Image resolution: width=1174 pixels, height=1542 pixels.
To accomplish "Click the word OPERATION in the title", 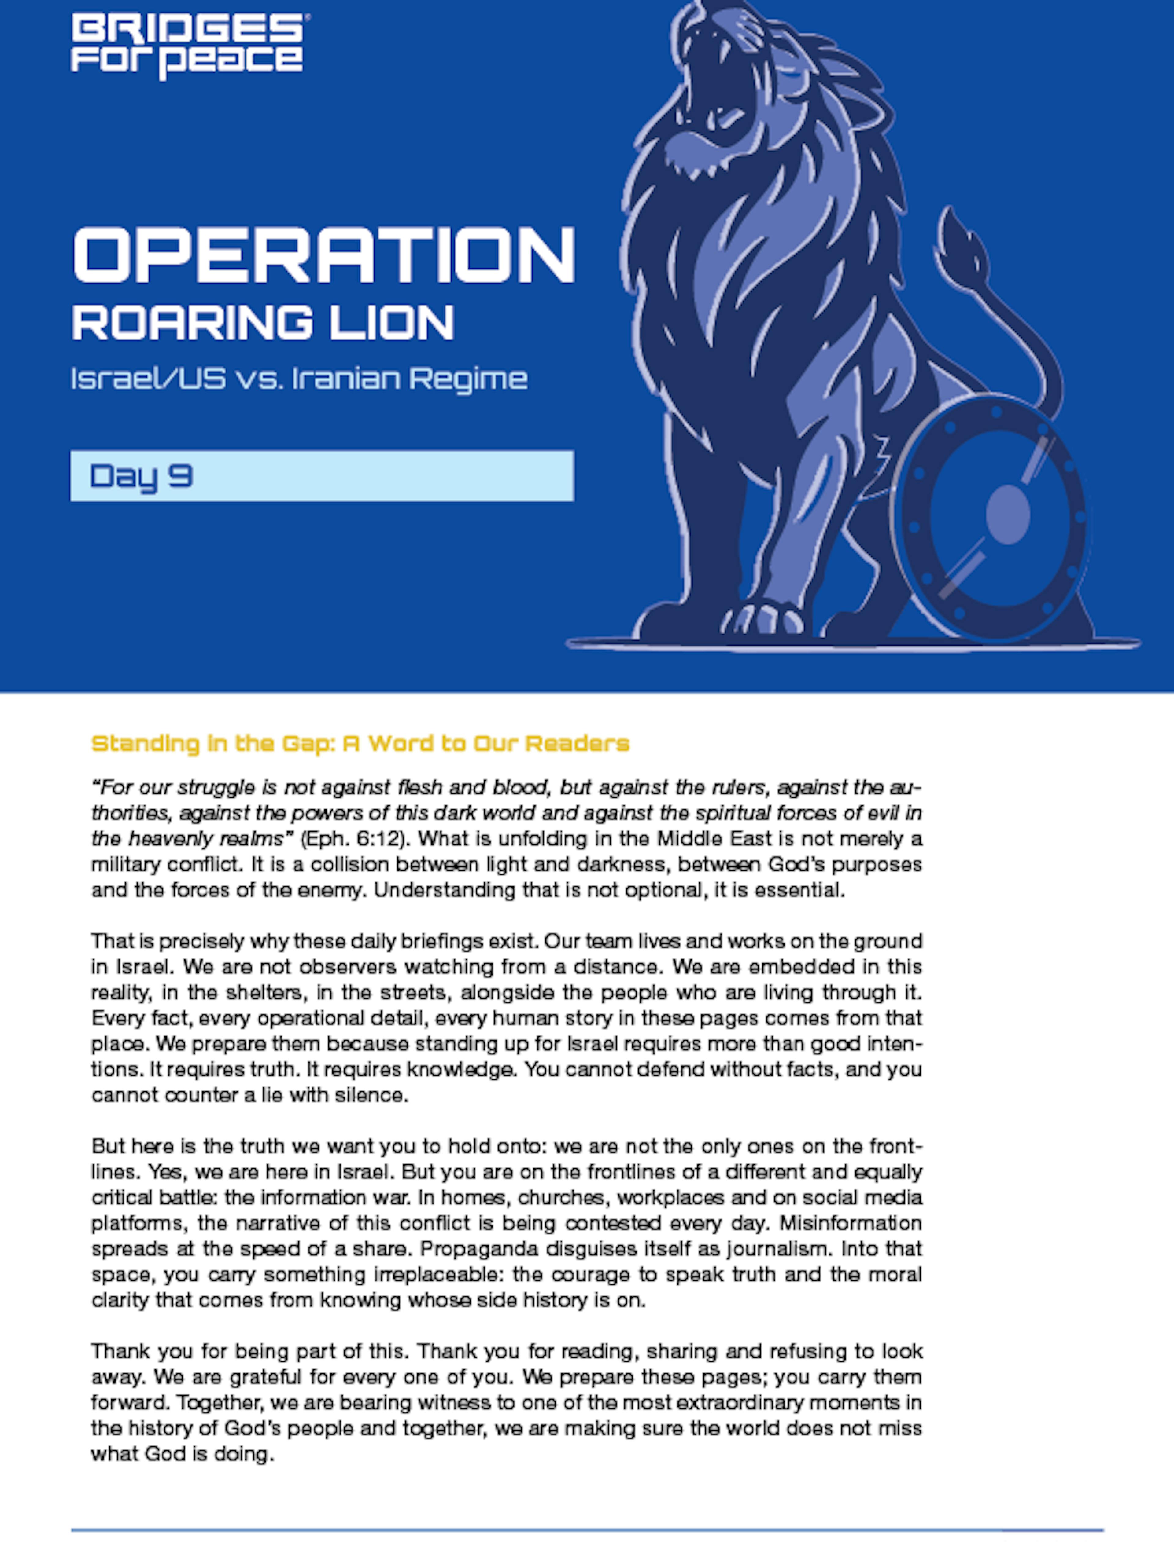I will coord(323,255).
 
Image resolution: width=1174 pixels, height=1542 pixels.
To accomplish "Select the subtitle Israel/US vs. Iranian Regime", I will coord(299,379).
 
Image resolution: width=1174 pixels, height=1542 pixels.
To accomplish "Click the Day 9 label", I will coord(141,476).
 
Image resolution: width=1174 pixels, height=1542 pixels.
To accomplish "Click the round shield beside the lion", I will coord(992,517).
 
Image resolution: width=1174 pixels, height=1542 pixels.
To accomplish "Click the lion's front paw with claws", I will coord(765,618).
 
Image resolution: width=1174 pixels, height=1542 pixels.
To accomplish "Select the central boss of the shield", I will coord(1008,515).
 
